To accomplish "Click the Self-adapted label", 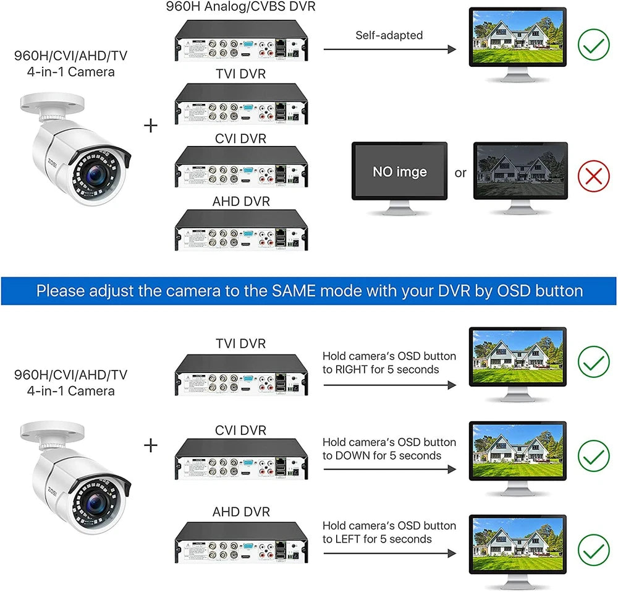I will pyautogui.click(x=389, y=35).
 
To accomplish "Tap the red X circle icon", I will pyautogui.click(x=593, y=176).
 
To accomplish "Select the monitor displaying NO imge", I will pyautogui.click(x=399, y=171).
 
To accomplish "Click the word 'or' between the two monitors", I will pyautogui.click(x=460, y=173).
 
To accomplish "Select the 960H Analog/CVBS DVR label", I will pyautogui.click(x=240, y=7).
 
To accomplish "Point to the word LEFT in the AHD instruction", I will pyautogui.click(x=350, y=539).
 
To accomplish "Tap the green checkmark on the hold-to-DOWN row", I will pyautogui.click(x=593, y=456).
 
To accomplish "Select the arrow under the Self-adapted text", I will pyautogui.click(x=389, y=49).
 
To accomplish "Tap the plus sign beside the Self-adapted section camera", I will pyautogui.click(x=150, y=126).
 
